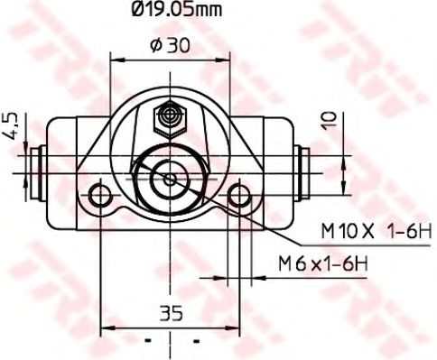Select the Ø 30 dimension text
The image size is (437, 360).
[170, 45]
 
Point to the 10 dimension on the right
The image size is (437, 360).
[335, 120]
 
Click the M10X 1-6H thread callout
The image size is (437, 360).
[370, 232]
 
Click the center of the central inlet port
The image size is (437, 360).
[170, 177]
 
